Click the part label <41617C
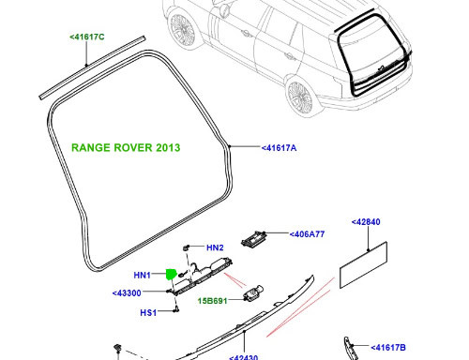point(87,37)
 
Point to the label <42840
point(369,223)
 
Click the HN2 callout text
point(215,248)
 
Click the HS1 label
point(147,313)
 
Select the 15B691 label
point(213,301)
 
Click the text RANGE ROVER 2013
point(126,148)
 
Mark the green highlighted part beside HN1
point(171,275)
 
